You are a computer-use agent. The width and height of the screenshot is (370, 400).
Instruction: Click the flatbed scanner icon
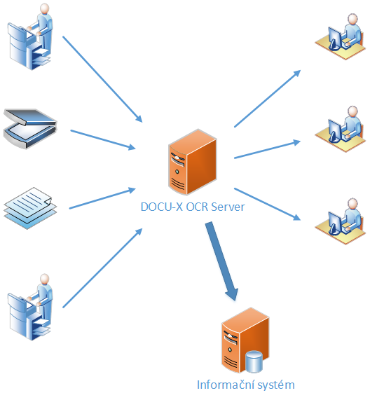30,129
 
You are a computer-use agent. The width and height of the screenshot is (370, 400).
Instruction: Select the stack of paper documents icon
30,208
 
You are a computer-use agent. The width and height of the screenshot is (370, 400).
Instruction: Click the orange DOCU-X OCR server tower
193,163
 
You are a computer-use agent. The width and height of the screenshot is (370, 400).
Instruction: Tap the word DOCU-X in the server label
162,207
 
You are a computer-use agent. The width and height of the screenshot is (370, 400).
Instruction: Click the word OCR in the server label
197,207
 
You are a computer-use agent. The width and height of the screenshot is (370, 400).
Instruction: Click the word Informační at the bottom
226,385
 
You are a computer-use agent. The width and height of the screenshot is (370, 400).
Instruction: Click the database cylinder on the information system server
254,361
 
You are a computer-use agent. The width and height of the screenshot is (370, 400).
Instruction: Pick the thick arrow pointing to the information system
222,261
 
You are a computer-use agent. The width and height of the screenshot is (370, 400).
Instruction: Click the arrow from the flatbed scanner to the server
103,139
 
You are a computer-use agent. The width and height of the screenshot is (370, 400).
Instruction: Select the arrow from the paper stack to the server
102,198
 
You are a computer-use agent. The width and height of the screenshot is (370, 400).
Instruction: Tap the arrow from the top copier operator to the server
102,79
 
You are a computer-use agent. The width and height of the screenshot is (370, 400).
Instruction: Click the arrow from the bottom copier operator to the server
102,268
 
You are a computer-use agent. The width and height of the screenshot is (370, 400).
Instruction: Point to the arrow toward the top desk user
268,99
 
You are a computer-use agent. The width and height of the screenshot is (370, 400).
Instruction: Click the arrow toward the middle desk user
268,149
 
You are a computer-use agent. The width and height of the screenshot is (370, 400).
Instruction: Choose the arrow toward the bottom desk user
268,204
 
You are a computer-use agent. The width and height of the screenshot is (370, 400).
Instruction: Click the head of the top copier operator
45,8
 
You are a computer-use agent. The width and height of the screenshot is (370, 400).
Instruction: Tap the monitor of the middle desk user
335,130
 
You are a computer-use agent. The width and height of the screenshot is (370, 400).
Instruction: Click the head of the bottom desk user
352,204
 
